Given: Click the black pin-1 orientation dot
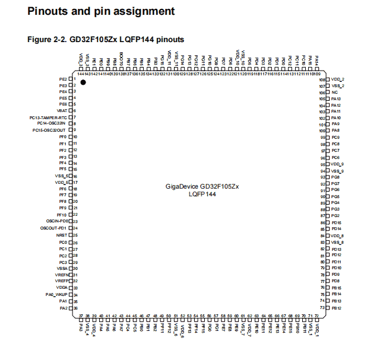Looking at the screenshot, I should (83, 82).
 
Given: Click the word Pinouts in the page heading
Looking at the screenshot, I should (50, 11).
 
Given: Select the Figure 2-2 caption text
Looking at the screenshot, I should (106, 39).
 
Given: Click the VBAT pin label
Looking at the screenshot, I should (62, 110).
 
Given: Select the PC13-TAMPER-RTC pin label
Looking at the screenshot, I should (50, 117).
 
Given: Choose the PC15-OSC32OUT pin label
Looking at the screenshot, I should (49, 130).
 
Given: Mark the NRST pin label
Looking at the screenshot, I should (62, 235).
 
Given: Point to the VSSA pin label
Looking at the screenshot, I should (62, 268).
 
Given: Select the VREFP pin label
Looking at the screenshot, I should (62, 281).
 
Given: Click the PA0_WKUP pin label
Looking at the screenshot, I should (57, 294).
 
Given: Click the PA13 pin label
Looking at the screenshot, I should (335, 98).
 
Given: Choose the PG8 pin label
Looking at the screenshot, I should (335, 177).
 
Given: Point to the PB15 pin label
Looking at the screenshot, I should (336, 287).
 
